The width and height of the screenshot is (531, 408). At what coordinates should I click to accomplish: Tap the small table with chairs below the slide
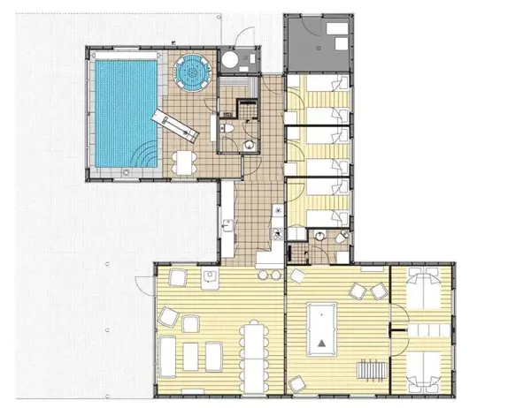pyautogui.click(x=183, y=162)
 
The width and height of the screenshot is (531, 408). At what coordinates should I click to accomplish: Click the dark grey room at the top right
pyautogui.click(x=316, y=42)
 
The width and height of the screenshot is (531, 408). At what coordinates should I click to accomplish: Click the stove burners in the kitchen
pyautogui.click(x=277, y=234)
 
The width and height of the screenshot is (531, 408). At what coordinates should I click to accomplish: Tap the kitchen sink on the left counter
pyautogui.click(x=227, y=226)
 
